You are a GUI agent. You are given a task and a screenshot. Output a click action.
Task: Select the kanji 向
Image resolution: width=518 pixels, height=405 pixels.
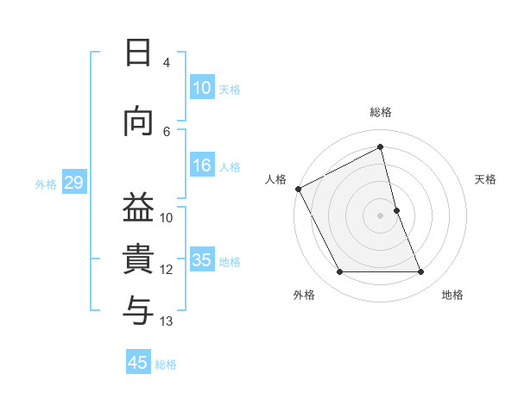pyautogui.click(x=138, y=122)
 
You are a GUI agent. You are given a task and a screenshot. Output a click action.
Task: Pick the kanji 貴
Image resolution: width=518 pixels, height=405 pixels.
pyautogui.click(x=138, y=259)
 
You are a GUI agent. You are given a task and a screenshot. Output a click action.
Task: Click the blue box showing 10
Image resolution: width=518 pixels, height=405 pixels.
pyautogui.click(x=201, y=88)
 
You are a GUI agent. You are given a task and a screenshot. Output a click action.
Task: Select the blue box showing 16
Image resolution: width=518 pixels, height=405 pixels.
pyautogui.click(x=201, y=166)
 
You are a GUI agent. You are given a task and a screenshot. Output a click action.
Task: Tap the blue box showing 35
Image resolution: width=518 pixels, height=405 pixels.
pyautogui.click(x=201, y=261)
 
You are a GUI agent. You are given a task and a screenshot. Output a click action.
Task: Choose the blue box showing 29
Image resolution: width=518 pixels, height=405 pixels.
pyautogui.click(x=73, y=183)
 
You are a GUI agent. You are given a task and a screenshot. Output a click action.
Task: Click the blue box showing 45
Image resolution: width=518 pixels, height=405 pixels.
pyautogui.click(x=138, y=363)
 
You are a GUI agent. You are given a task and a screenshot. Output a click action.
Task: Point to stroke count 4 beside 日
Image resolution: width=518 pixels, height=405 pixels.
pyautogui.click(x=167, y=63)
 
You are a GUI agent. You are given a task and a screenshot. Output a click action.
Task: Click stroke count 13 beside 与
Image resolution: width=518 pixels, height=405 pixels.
pyautogui.click(x=167, y=321)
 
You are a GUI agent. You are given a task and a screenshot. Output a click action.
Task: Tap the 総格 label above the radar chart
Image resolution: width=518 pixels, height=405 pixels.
pyautogui.click(x=381, y=112)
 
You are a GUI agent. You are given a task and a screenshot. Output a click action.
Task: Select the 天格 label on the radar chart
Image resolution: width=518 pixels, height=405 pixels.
pyautogui.click(x=486, y=179)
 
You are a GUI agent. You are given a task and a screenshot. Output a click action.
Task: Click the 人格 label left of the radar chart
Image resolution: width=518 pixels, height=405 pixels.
pyautogui.click(x=275, y=179)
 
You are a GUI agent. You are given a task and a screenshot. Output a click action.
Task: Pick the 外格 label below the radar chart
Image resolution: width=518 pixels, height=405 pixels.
pyautogui.click(x=304, y=295)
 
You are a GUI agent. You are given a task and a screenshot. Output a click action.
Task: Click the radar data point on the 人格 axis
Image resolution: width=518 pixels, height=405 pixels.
pyautogui.click(x=298, y=189)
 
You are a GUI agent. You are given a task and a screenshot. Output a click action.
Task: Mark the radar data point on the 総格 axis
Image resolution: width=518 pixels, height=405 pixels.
pyautogui.click(x=381, y=147)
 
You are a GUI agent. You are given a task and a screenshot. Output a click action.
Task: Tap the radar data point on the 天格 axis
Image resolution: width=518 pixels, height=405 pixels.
pyautogui.click(x=396, y=210)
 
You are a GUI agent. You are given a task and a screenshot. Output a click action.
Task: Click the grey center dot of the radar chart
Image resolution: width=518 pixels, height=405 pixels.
pyautogui.click(x=381, y=215)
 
